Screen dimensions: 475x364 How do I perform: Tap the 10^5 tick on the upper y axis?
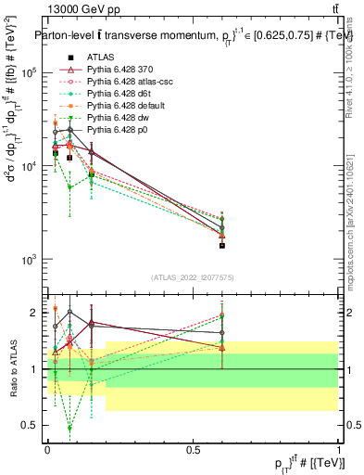point(29,72)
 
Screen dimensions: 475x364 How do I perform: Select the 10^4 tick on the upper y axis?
point(29,166)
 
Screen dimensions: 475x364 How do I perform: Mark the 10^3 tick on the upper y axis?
point(29,260)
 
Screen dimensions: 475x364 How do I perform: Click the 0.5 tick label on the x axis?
point(193,448)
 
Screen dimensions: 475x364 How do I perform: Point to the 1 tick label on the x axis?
point(338,448)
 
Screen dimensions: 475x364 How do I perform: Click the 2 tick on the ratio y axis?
point(36,313)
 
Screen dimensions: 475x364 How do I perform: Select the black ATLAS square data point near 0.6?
point(222,246)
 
